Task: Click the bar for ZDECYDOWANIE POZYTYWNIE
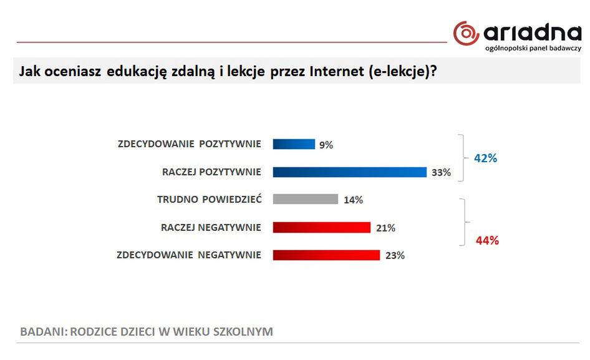(294, 144)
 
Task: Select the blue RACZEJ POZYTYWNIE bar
(349, 172)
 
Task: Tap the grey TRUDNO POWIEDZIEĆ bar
(305, 200)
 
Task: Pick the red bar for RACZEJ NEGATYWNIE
(321, 228)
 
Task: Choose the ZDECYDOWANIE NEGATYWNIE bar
(326, 255)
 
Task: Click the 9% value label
(326, 145)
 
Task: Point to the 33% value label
(441, 173)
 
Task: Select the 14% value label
(353, 200)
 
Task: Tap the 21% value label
(385, 228)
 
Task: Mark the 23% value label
(395, 256)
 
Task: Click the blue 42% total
(486, 158)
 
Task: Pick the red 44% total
(487, 241)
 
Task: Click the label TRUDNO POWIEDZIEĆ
(209, 200)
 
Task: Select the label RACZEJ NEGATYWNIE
(211, 228)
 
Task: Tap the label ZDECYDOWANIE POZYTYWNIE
(189, 144)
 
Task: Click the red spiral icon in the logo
(466, 33)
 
